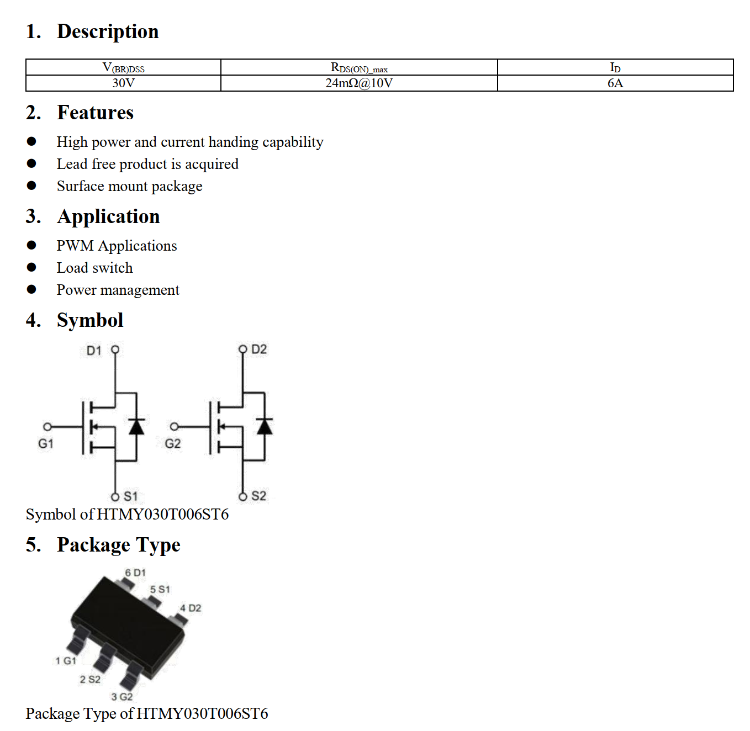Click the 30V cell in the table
123,83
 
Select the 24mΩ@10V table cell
358,83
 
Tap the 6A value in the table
615,83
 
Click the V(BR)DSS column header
123,67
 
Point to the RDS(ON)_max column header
358,67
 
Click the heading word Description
108,31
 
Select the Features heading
95,113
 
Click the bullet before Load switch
31,268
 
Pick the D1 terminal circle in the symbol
115,349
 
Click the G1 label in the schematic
46,443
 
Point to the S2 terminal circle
243,496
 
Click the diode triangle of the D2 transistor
265,426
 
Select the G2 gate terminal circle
175,426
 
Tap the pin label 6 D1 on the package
135,573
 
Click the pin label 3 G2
122,696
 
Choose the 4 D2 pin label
191,608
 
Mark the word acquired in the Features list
212,164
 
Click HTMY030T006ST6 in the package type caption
202,713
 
